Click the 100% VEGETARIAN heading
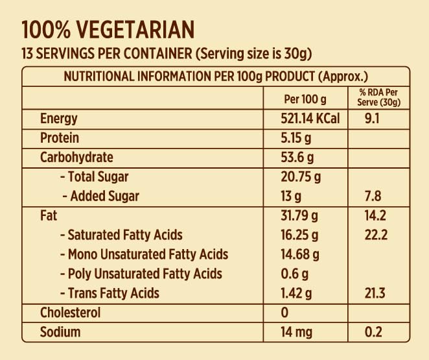pos(108,30)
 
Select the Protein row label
pos(60,138)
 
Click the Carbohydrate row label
pos(76,158)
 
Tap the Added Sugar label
pos(101,196)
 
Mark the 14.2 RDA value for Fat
pos(377,215)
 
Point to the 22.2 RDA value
pos(377,235)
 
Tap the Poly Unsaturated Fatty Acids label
pos(141,274)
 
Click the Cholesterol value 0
pos(284,313)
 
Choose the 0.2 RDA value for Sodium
pos(374,333)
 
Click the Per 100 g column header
pos(305,99)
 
